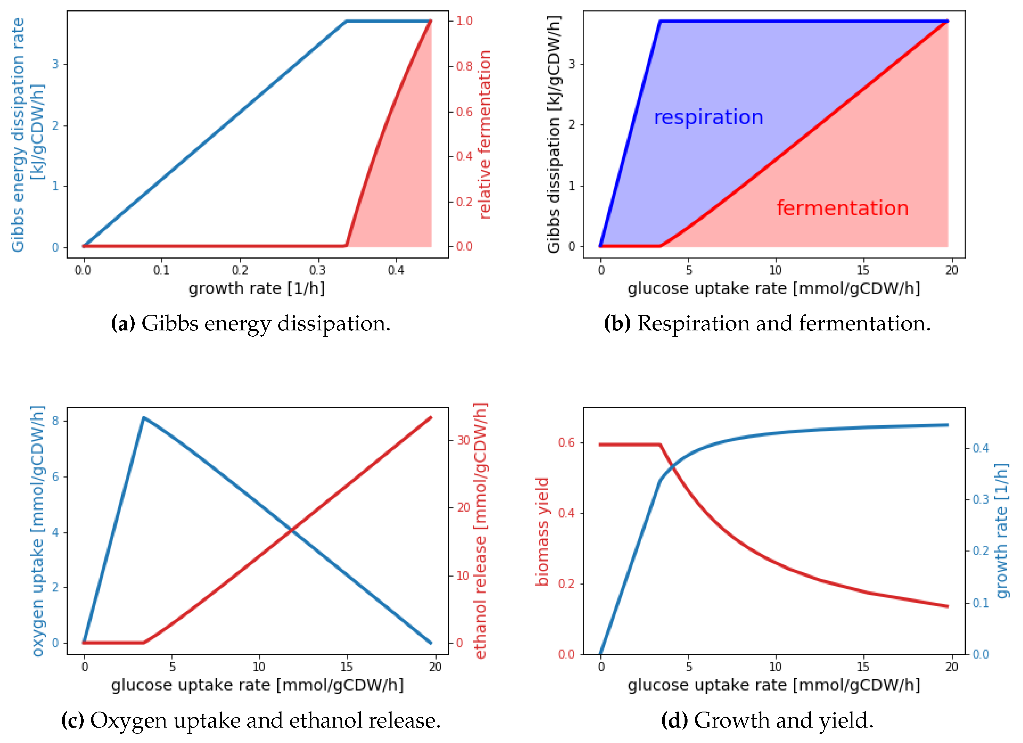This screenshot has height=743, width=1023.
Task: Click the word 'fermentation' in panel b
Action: click(x=842, y=209)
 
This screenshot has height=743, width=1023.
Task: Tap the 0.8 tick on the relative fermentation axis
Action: click(x=464, y=66)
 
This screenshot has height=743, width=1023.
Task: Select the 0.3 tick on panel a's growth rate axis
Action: click(x=318, y=270)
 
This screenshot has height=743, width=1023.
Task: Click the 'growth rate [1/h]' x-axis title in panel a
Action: click(x=257, y=288)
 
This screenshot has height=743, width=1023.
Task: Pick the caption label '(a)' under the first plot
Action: click(x=123, y=324)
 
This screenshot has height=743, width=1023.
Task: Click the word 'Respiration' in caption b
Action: click(x=693, y=324)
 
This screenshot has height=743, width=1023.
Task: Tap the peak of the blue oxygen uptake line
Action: click(x=144, y=418)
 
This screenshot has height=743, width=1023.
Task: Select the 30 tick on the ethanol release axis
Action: click(x=464, y=440)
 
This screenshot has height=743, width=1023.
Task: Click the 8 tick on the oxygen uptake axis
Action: click(x=55, y=421)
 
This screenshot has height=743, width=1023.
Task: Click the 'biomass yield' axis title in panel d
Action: click(x=542, y=532)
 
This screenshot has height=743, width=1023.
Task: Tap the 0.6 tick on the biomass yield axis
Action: click(x=566, y=443)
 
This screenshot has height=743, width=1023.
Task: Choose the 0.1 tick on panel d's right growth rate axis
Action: click(x=981, y=603)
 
